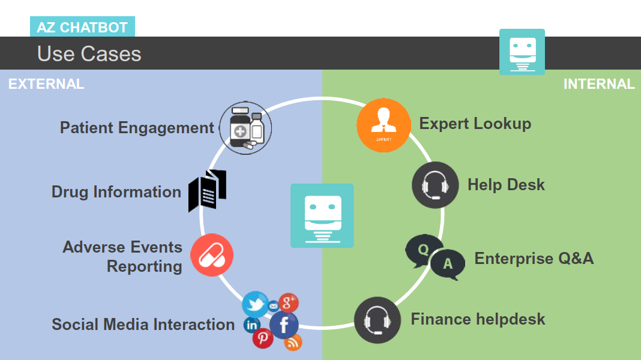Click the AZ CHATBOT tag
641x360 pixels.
point(82,28)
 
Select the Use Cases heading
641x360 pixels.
point(89,54)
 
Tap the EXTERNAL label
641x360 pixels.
point(46,84)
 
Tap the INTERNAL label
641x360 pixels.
point(598,84)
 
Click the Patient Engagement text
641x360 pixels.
point(137,128)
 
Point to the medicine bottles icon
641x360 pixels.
point(245,128)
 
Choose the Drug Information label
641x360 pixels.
point(116,192)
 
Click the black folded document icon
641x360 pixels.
point(207,190)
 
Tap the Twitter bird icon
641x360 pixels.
point(255,304)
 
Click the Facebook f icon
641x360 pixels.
point(284,325)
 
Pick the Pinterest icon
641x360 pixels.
point(262,338)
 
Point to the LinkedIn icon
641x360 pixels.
point(251,325)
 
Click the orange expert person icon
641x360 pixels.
point(384,125)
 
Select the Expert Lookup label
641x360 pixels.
point(475,124)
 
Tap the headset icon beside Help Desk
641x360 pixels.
point(435,185)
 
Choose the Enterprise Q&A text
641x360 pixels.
point(534,259)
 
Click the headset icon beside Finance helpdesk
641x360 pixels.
point(378,320)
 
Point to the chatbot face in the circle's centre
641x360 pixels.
point(322,215)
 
